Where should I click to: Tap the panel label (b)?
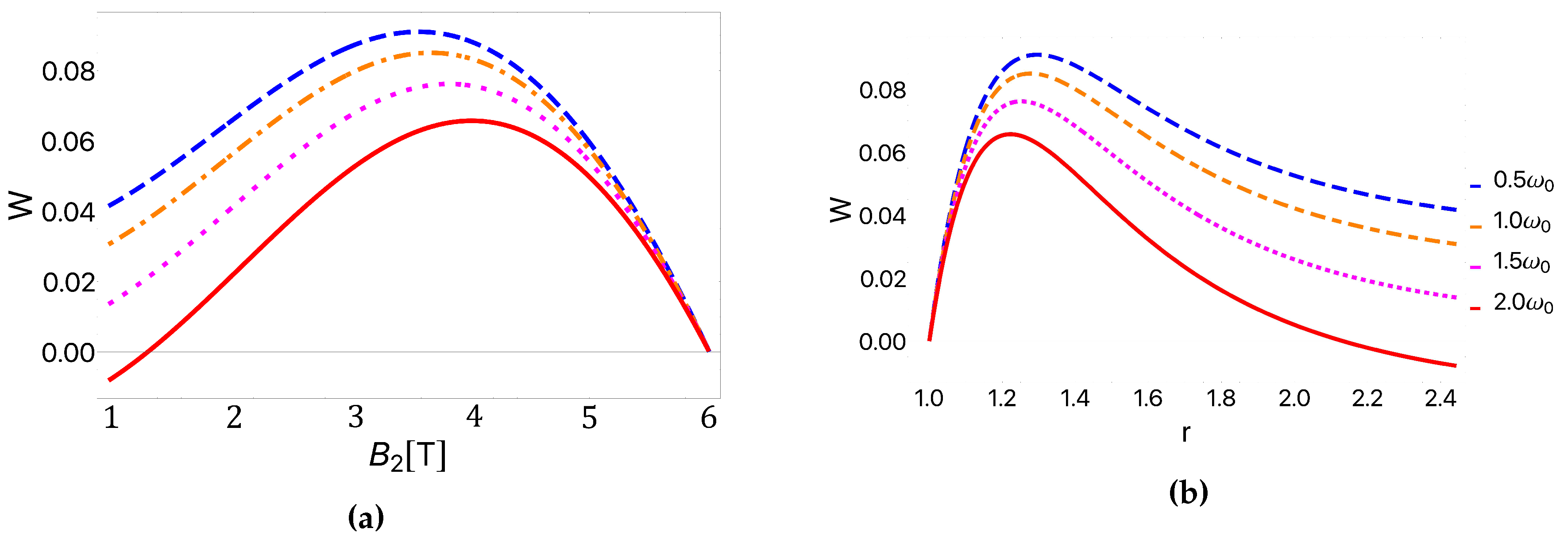pyautogui.click(x=1188, y=492)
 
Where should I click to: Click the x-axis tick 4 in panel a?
pyautogui.click(x=474, y=417)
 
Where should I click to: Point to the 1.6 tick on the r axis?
pyautogui.click(x=1147, y=398)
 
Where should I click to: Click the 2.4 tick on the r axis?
pyautogui.click(x=1440, y=398)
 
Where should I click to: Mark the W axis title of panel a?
pyautogui.click(x=21, y=207)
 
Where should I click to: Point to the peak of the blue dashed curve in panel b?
pyautogui.click(x=1037, y=54)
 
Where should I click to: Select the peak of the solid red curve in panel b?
pyautogui.click(x=1009, y=133)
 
